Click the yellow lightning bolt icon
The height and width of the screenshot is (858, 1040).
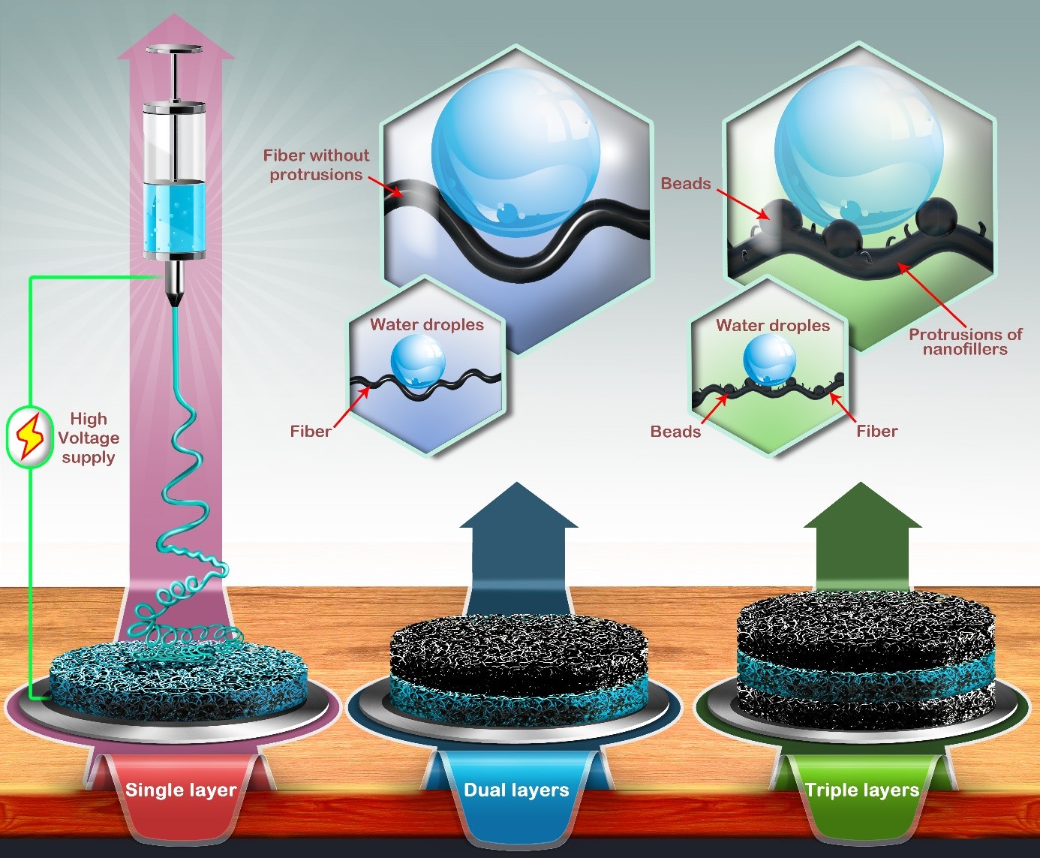pyautogui.click(x=29, y=436)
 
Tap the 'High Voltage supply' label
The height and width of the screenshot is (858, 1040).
pyautogui.click(x=89, y=438)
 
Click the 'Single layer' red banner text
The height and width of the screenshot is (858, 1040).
pyautogui.click(x=181, y=790)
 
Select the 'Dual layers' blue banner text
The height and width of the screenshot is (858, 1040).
pyautogui.click(x=516, y=790)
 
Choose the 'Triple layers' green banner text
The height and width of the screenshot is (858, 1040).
pyautogui.click(x=861, y=790)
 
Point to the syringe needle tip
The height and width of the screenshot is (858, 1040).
pyautogui.click(x=174, y=305)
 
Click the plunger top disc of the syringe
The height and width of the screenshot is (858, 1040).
pyautogui.click(x=174, y=50)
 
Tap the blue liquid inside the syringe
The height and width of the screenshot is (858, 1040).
pyautogui.click(x=174, y=218)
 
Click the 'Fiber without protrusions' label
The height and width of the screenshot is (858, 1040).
pyautogui.click(x=317, y=165)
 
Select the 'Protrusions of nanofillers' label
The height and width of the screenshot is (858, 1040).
pyautogui.click(x=965, y=342)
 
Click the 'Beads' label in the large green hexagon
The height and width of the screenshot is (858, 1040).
pyautogui.click(x=686, y=183)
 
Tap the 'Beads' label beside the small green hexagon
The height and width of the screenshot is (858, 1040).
pyautogui.click(x=675, y=431)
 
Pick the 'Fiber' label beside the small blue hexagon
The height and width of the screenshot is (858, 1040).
pyautogui.click(x=311, y=431)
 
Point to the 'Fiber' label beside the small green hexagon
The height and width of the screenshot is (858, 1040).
pyautogui.click(x=877, y=431)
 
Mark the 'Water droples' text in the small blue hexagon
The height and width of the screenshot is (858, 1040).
pyautogui.click(x=427, y=325)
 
